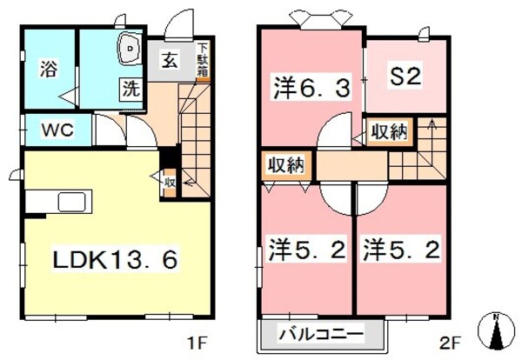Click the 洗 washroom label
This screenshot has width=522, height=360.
click(130, 88)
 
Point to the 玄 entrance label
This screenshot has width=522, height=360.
click(168, 62)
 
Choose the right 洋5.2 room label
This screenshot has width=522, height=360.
click(402, 250)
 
